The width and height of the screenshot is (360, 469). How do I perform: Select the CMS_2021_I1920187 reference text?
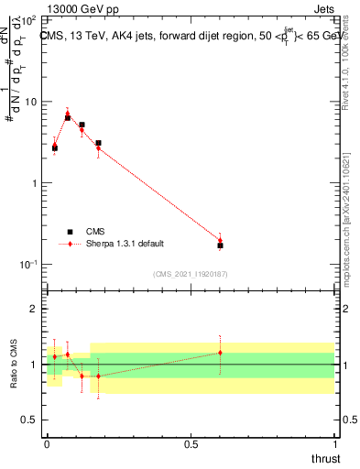[x=190, y=273]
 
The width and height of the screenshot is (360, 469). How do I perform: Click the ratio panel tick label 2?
[x=35, y=309]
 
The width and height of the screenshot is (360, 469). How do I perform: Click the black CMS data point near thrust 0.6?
[x=220, y=245]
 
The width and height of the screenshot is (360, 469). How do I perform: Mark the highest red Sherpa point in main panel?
[x=68, y=113]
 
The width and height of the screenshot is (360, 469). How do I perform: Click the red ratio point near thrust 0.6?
[x=220, y=353]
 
